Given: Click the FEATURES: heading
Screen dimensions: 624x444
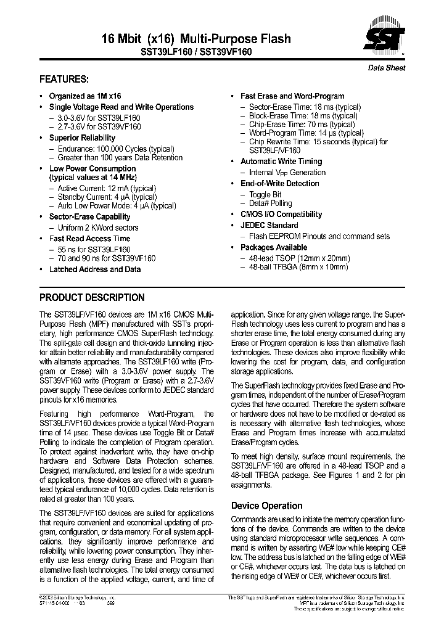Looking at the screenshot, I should coord(64,80).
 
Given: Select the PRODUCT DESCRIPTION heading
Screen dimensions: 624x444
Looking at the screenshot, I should coord(92,297).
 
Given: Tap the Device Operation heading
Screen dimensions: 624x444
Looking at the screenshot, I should coord(266,506).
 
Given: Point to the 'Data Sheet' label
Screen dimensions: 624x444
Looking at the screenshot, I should coord(387,68).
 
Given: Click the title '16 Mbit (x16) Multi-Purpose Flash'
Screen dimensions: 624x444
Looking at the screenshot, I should coord(195,39).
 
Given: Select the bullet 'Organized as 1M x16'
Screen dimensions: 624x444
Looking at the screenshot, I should coord(85,96).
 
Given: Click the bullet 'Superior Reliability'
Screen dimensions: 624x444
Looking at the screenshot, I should coord(82,138).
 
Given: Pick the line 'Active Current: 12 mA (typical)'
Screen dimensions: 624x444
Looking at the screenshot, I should coord(106,188).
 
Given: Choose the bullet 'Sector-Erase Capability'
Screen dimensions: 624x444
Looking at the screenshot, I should coord(89,217).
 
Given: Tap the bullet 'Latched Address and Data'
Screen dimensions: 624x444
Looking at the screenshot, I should coord(94,269).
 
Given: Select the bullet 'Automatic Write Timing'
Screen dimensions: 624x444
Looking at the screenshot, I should coord(281,162).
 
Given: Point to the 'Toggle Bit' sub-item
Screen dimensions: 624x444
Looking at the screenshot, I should coord(265,194).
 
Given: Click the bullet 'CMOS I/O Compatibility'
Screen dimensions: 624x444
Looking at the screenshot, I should coord(281,215).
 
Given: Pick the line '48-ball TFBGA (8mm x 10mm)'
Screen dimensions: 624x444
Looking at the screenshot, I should coord(298,267).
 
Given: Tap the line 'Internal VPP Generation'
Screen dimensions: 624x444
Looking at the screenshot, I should coord(287,173).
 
